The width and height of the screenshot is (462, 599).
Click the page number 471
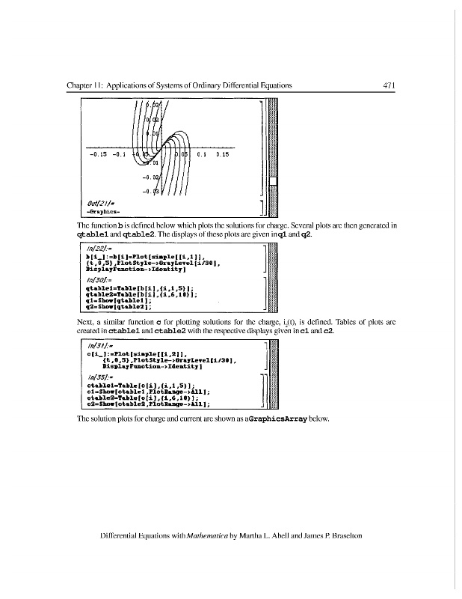(388, 85)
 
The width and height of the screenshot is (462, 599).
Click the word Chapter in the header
(81, 85)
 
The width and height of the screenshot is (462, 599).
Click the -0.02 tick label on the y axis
(151, 178)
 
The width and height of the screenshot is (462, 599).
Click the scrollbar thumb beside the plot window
(273, 184)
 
